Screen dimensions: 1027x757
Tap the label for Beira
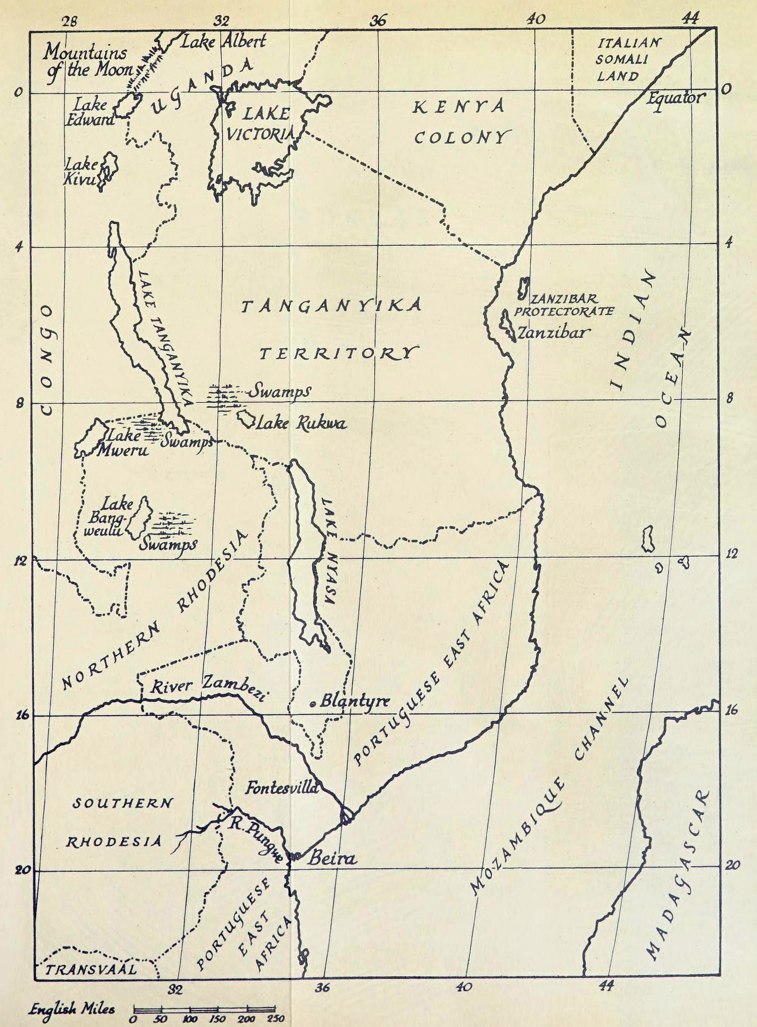pyautogui.click(x=331, y=858)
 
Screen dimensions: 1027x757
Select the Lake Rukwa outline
pyautogui.click(x=246, y=419)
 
